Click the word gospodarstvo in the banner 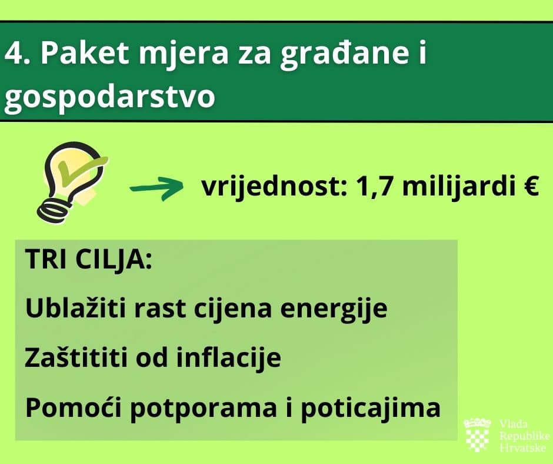click(x=109, y=98)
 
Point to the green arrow click(x=156, y=188)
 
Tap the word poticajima click(x=371, y=409)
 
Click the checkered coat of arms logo click(x=478, y=435)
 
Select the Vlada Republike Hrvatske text click(x=524, y=436)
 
